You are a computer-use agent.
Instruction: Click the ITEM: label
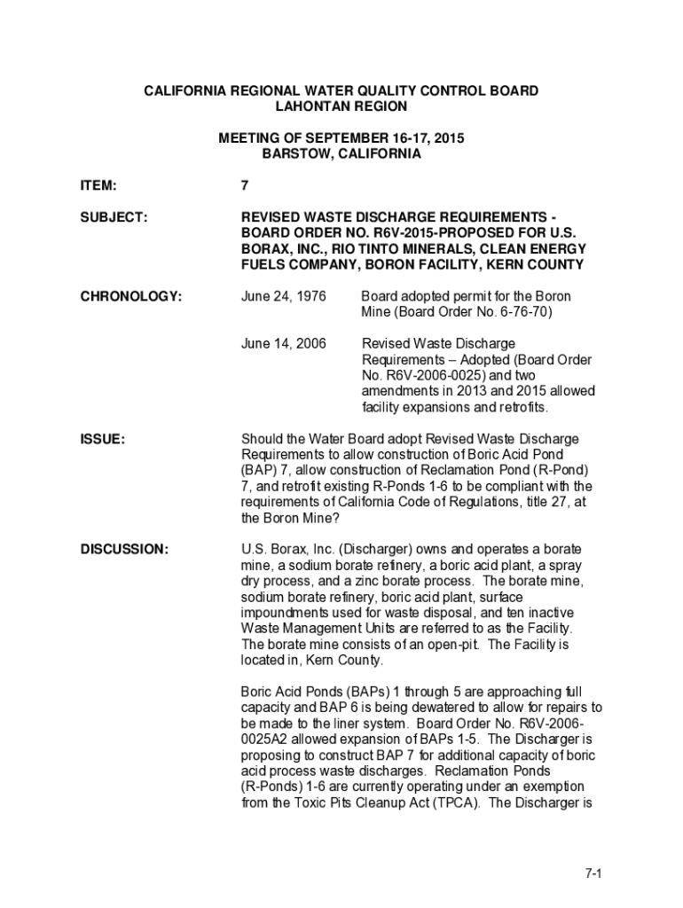99,186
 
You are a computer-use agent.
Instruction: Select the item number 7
245,186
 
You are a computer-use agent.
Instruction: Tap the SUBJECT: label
114,217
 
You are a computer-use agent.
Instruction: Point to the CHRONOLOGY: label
131,296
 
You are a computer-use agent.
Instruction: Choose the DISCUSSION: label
124,549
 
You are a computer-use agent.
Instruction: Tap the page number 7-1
593,873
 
